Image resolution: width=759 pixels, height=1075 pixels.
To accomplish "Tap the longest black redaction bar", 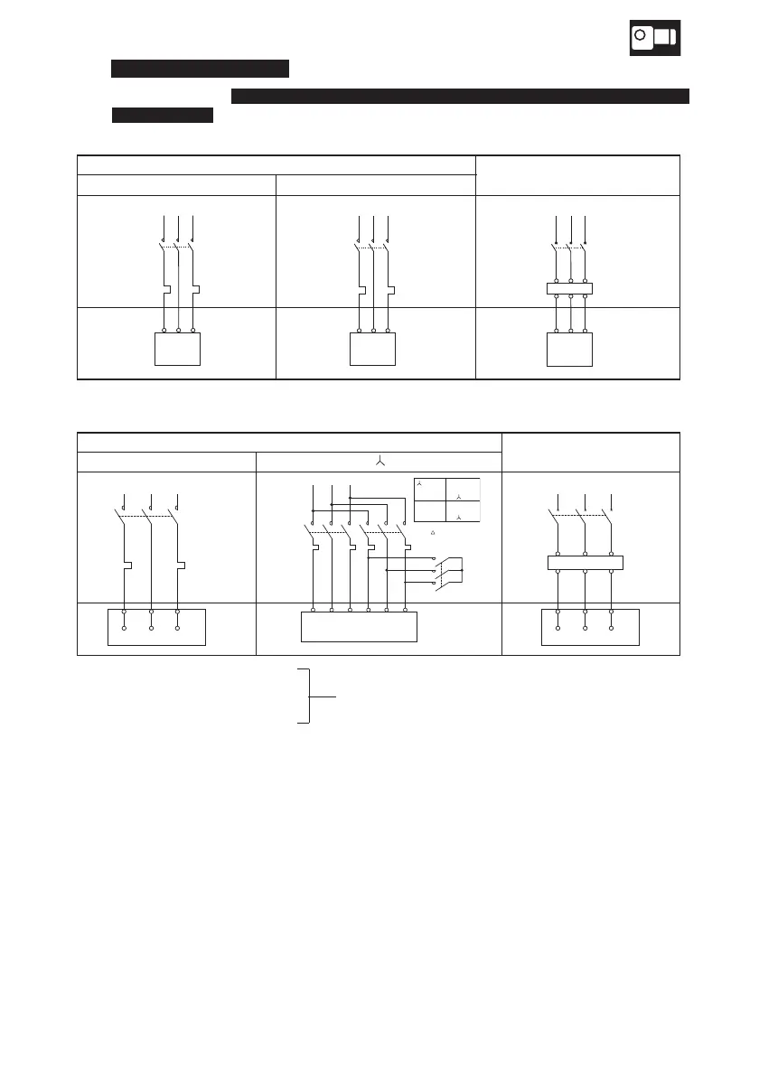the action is tap(460, 95).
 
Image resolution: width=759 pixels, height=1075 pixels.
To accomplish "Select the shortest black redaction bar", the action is tap(162, 115).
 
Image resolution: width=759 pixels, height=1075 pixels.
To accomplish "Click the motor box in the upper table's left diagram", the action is tap(178, 349).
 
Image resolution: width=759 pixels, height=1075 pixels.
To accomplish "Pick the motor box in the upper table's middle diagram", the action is tap(372, 349).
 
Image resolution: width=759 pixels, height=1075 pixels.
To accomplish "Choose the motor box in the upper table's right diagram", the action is tap(570, 349).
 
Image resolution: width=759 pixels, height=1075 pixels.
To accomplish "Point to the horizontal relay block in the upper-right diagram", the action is tap(570, 289).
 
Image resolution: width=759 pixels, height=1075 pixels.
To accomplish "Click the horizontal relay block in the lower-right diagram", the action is tap(586, 563).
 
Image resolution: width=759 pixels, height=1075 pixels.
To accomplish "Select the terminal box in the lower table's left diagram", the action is tap(156, 626).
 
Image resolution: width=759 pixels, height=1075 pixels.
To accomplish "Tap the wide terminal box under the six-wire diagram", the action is tap(359, 626).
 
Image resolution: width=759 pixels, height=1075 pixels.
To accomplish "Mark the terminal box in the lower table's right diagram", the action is tap(590, 626).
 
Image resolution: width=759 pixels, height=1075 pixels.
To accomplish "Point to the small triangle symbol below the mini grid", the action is tap(435, 534).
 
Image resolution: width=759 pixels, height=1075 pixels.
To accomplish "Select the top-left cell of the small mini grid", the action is tap(429, 488).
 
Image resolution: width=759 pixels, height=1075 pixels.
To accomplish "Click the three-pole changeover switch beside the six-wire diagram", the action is tap(449, 571).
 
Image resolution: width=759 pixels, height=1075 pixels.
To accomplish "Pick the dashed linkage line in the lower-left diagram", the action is tap(149, 516).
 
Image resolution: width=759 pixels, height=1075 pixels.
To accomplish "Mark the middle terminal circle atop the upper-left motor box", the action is tap(178, 331).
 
